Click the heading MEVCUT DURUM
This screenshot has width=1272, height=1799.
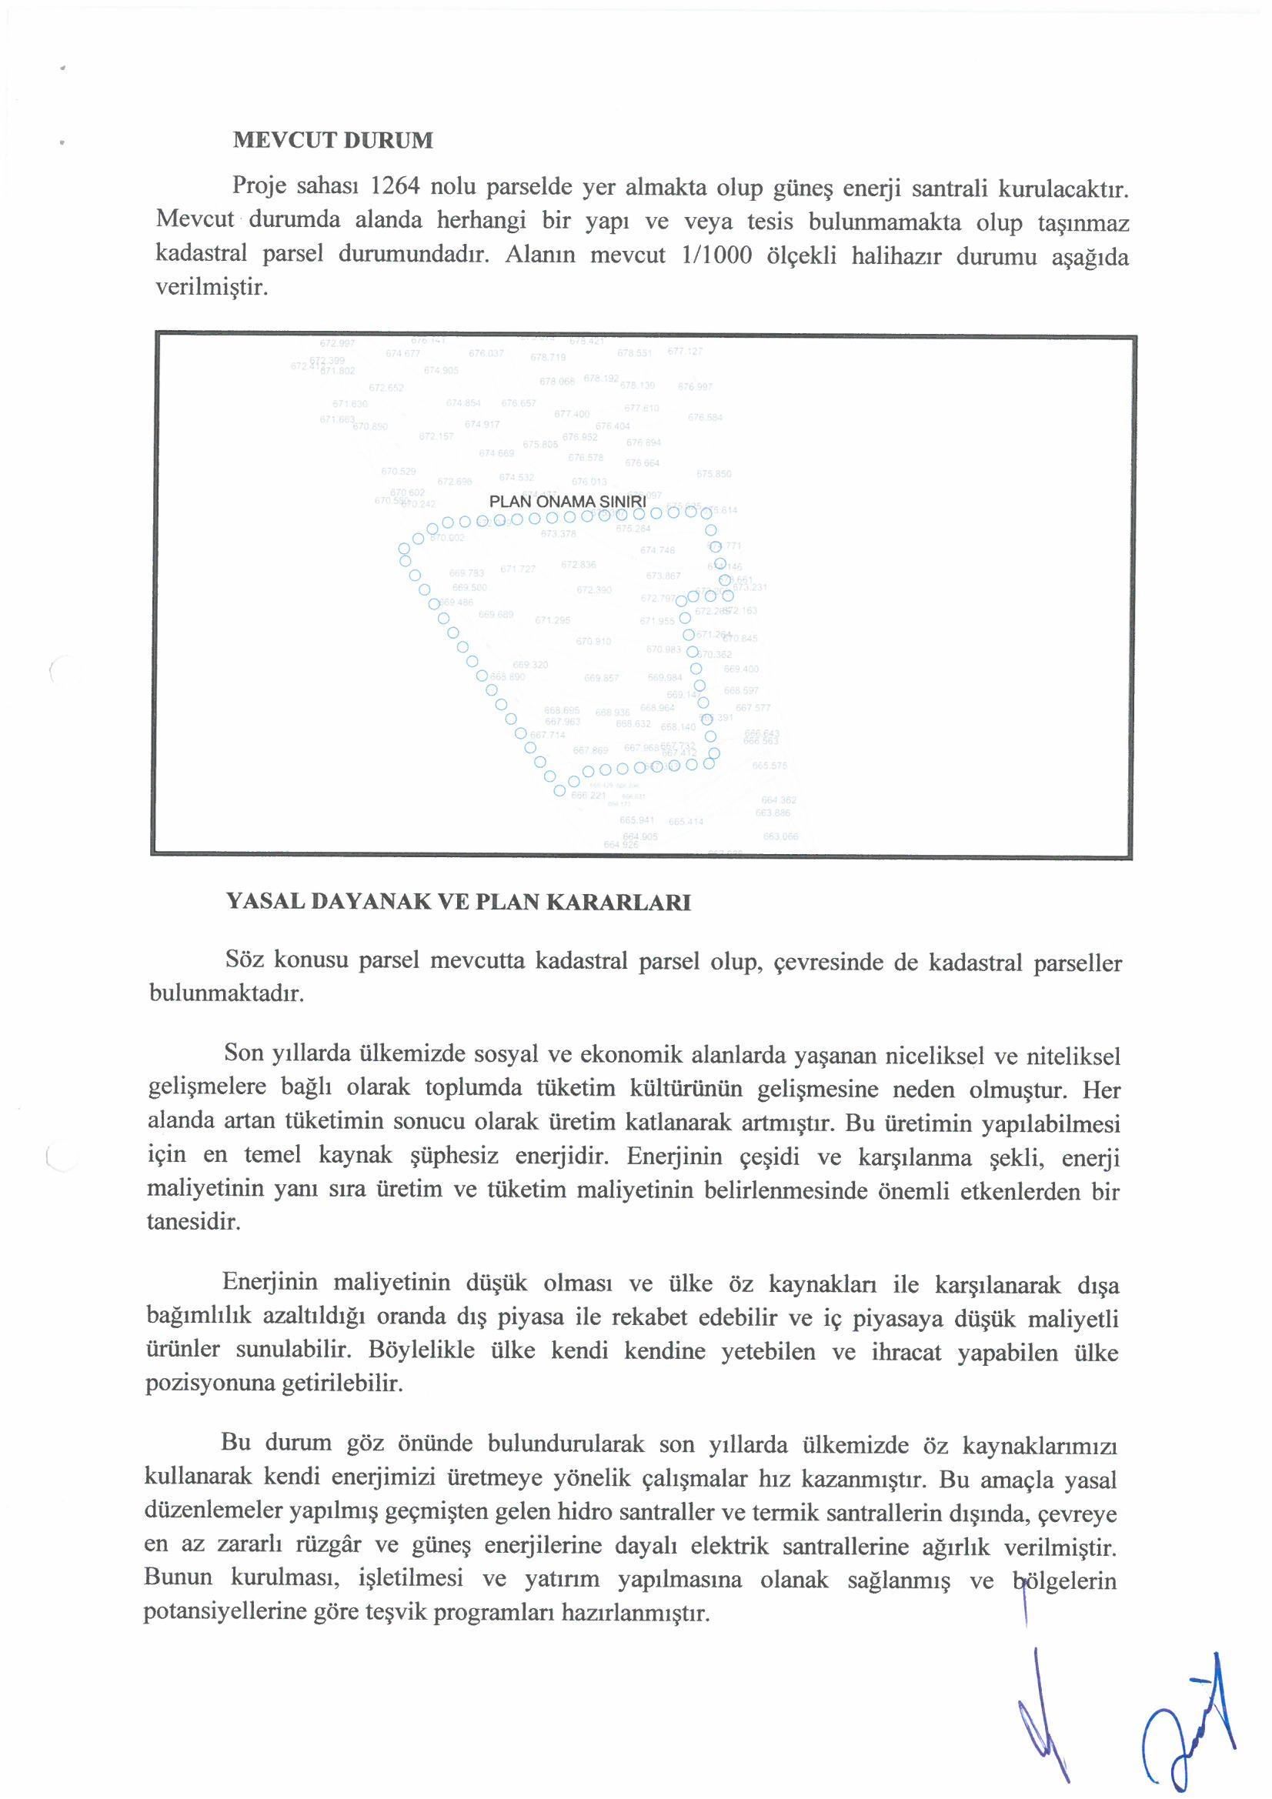point(332,140)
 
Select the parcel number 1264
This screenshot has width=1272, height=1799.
point(395,187)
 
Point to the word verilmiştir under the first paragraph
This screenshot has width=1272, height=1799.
point(212,288)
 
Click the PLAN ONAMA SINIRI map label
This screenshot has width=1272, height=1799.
point(566,502)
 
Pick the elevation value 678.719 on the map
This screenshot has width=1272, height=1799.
point(548,357)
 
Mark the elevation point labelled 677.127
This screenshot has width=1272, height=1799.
point(685,351)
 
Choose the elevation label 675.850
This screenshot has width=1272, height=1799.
point(713,474)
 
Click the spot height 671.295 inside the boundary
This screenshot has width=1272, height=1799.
point(553,620)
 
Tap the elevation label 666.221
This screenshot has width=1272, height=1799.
point(589,796)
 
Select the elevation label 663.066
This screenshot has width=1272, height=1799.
point(780,837)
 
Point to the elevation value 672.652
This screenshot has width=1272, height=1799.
point(386,388)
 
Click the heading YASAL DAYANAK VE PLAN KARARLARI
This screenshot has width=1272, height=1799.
point(459,902)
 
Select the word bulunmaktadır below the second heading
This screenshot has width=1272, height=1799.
point(225,993)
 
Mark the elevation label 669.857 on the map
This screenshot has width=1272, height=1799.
point(601,679)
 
